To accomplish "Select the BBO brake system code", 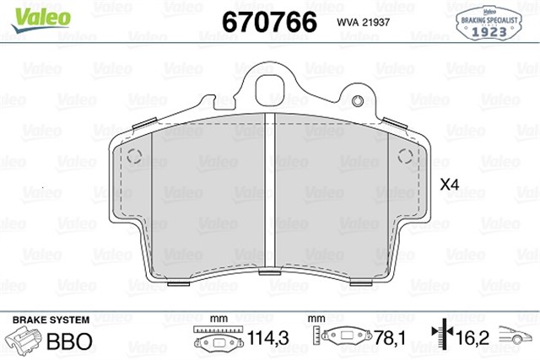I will coord(71,341).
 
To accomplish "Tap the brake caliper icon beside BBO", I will coord(26,341).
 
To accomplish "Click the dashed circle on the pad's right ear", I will coord(402,155).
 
